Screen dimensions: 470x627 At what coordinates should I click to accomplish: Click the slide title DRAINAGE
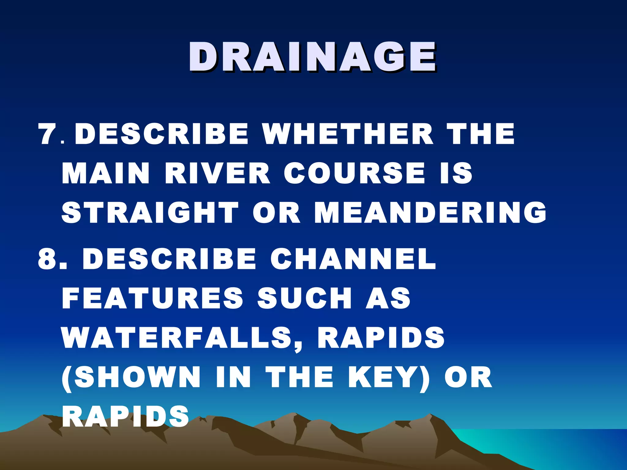[x=312, y=57]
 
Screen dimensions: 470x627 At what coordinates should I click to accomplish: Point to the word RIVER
[x=217, y=173]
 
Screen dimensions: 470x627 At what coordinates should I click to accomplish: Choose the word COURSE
[x=355, y=173]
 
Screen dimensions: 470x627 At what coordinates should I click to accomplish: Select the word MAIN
[x=106, y=173]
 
